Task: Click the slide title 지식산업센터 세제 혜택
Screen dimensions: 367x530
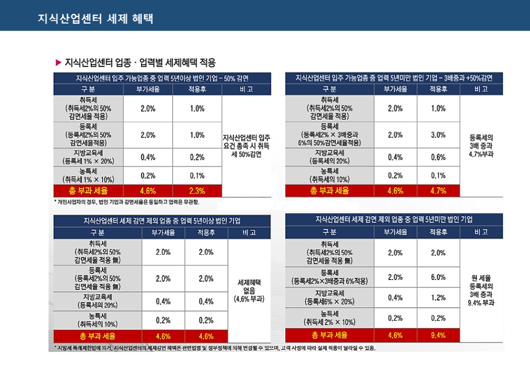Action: tap(95, 19)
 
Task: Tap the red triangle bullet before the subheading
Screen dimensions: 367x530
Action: tap(58, 63)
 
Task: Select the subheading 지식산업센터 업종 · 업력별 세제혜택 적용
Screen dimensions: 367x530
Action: tap(140, 63)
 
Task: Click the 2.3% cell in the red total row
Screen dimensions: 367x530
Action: tap(197, 190)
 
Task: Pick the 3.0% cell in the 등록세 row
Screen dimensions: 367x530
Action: tap(438, 135)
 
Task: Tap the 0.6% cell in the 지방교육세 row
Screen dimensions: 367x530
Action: tap(438, 157)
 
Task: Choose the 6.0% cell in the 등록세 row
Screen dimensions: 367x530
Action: tap(438, 277)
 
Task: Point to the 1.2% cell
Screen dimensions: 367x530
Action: tap(438, 297)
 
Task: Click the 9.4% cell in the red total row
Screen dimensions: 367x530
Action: tap(438, 335)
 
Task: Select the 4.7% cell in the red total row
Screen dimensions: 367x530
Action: tap(438, 190)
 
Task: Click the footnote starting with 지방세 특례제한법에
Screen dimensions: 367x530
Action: tap(215, 348)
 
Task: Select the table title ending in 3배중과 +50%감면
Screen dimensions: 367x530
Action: tap(394, 78)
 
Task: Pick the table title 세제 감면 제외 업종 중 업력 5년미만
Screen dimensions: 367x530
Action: tap(394, 219)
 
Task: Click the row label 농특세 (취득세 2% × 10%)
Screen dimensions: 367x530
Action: tap(329, 318)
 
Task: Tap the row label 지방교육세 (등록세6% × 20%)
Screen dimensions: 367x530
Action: tap(329, 297)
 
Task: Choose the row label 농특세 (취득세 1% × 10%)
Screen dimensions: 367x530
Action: tap(88, 175)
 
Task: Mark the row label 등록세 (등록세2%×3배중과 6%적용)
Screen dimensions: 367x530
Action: tap(329, 277)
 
